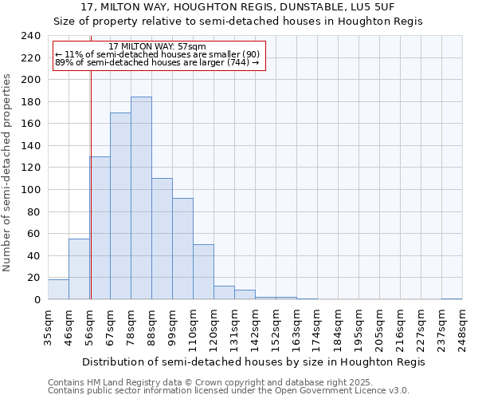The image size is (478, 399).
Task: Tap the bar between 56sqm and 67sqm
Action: tap(100, 227)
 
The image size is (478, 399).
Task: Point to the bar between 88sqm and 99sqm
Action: tap(162, 239)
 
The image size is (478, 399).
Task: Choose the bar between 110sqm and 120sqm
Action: tap(203, 271)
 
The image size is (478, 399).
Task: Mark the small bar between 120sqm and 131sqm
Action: tap(224, 293)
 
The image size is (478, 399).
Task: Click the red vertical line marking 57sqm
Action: tap(91, 184)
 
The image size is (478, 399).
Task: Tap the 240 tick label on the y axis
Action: tap(31, 36)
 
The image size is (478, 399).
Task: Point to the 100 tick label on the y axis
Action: tap(31, 190)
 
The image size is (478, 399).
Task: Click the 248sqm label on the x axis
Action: tap(462, 328)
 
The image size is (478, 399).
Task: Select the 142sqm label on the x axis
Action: tap(255, 328)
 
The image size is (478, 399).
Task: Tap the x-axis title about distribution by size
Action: tap(255, 361)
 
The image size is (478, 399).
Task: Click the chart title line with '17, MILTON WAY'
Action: tap(238, 7)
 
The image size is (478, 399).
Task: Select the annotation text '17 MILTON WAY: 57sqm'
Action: tap(157, 47)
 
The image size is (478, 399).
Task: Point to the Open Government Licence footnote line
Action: tap(229, 391)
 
